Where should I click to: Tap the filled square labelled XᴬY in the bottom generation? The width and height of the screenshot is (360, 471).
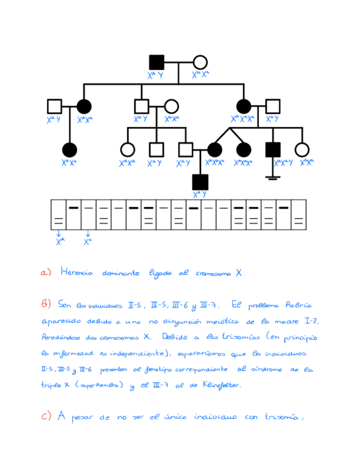click(x=200, y=181)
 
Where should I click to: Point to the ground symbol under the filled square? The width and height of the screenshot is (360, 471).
click(x=272, y=177)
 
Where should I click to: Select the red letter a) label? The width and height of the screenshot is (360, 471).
click(x=46, y=273)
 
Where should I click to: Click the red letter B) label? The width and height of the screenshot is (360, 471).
click(x=46, y=304)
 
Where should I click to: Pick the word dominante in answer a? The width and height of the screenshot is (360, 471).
click(x=122, y=273)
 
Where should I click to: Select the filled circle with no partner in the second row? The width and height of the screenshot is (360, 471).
click(x=69, y=149)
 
